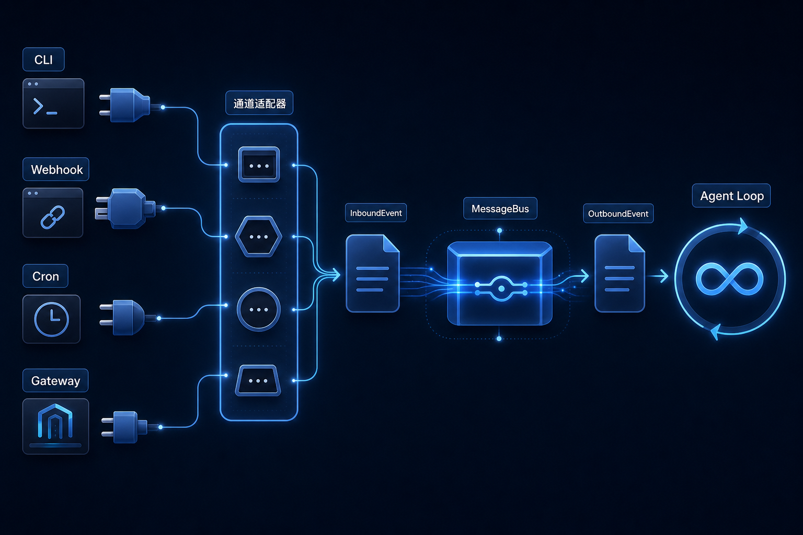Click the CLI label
click(43, 60)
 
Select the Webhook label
click(56, 169)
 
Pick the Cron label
click(45, 276)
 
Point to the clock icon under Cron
click(52, 319)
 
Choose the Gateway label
click(55, 380)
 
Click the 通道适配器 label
click(259, 103)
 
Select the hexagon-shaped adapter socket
click(258, 237)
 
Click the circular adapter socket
click(258, 309)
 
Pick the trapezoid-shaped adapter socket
click(258, 380)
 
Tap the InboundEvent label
click(376, 213)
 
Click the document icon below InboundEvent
click(372, 273)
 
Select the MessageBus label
click(500, 208)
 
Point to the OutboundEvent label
click(618, 214)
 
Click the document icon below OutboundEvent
click(620, 273)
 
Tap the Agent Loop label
click(732, 195)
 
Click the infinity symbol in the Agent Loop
click(729, 279)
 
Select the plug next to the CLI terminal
click(125, 105)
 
